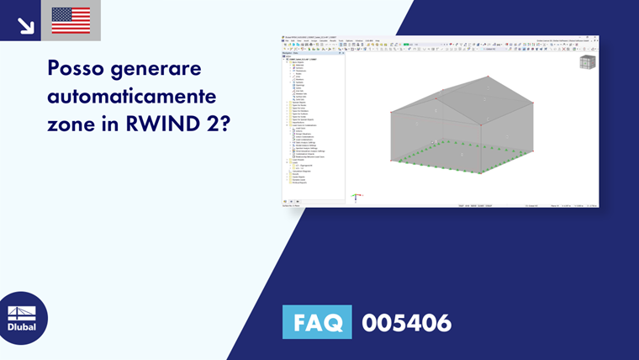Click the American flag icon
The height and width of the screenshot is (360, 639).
pyautogui.click(x=71, y=20)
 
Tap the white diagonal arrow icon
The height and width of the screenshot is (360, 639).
pyautogui.click(x=25, y=24)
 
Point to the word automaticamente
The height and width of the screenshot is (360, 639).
pyautogui.click(x=132, y=94)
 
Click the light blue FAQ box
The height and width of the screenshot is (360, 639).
pyautogui.click(x=317, y=322)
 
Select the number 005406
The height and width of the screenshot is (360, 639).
pyautogui.click(x=406, y=322)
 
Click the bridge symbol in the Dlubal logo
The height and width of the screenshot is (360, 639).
pyautogui.click(x=22, y=312)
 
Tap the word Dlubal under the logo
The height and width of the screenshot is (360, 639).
pyautogui.click(x=22, y=327)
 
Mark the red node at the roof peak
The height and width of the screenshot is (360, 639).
pyautogui.click(x=488, y=77)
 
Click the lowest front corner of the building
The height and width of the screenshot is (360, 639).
pyautogui.click(x=481, y=173)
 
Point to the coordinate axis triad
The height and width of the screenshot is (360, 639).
pyautogui.click(x=356, y=197)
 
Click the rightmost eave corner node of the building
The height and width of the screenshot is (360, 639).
pyautogui.click(x=532, y=103)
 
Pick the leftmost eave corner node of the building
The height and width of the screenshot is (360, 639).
pyautogui.click(x=391, y=112)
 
